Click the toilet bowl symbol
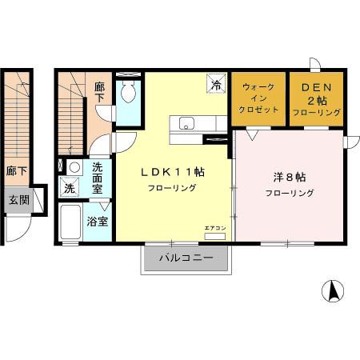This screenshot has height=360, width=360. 128,91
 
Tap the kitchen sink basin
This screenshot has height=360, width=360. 186,123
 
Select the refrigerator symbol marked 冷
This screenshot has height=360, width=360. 216,83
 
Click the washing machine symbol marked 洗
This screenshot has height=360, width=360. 69,187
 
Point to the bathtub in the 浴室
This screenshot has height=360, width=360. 70,222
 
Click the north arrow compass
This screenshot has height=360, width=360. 333,291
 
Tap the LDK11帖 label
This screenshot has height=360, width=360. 173,172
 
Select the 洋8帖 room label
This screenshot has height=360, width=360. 290,178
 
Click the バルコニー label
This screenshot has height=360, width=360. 186,258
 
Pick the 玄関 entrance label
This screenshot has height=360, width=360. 18,199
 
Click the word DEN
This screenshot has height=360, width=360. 316,87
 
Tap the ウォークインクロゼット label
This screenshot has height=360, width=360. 258,98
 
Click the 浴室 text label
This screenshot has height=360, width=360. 98,222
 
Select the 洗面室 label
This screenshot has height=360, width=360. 98,178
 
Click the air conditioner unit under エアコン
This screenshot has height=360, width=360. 214,236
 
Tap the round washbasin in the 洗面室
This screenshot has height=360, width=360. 74,167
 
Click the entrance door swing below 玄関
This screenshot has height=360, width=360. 18,229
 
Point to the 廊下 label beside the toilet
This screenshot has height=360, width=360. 100,92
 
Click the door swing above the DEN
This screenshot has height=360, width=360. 315,65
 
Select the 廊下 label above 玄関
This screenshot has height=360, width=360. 17,171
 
